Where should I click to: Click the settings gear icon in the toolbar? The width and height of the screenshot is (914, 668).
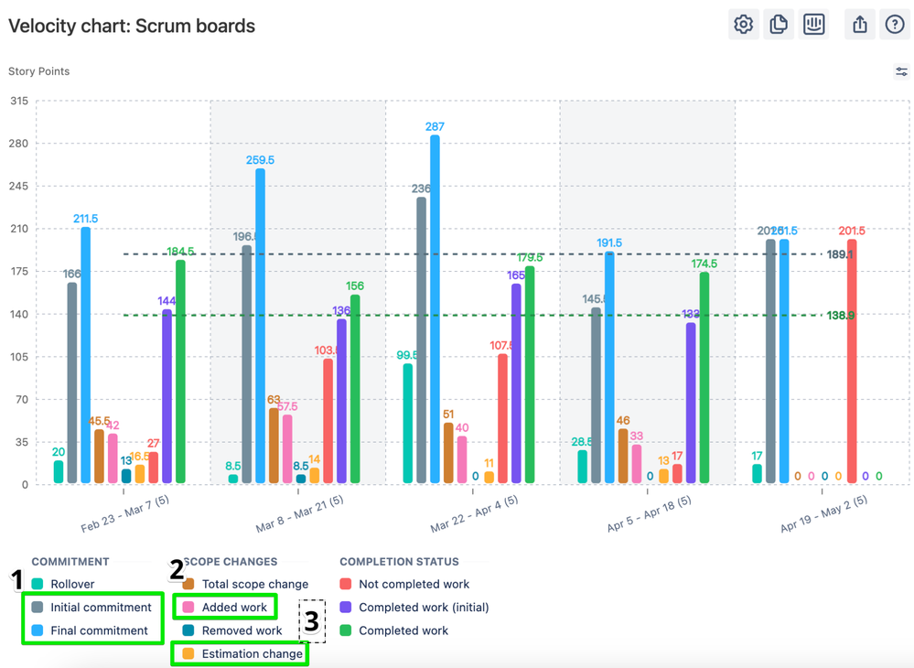[743, 25]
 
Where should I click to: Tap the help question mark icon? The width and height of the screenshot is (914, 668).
[894, 25]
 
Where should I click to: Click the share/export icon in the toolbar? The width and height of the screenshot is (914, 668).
[859, 25]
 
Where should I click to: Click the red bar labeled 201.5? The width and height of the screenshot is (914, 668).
[852, 361]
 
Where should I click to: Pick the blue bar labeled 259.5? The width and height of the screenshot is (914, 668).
[261, 326]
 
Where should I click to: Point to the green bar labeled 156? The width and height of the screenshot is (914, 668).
[355, 389]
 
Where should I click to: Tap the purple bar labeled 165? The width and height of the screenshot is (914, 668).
[516, 383]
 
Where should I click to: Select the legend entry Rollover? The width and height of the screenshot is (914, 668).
[72, 584]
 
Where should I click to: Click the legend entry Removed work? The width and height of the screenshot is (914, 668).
[242, 630]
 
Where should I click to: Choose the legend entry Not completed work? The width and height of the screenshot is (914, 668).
[414, 584]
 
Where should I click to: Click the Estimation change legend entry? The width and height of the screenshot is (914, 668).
[252, 653]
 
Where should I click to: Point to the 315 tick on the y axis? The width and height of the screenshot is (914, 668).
[18, 102]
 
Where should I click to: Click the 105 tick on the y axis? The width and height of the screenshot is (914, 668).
[18, 357]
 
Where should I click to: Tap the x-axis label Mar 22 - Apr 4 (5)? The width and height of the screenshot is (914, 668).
[474, 514]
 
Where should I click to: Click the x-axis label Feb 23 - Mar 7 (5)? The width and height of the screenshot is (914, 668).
[124, 514]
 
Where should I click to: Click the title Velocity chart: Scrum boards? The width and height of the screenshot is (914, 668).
[132, 26]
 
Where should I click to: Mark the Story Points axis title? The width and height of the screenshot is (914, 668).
[38, 71]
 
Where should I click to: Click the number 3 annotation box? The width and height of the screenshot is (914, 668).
[312, 621]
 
